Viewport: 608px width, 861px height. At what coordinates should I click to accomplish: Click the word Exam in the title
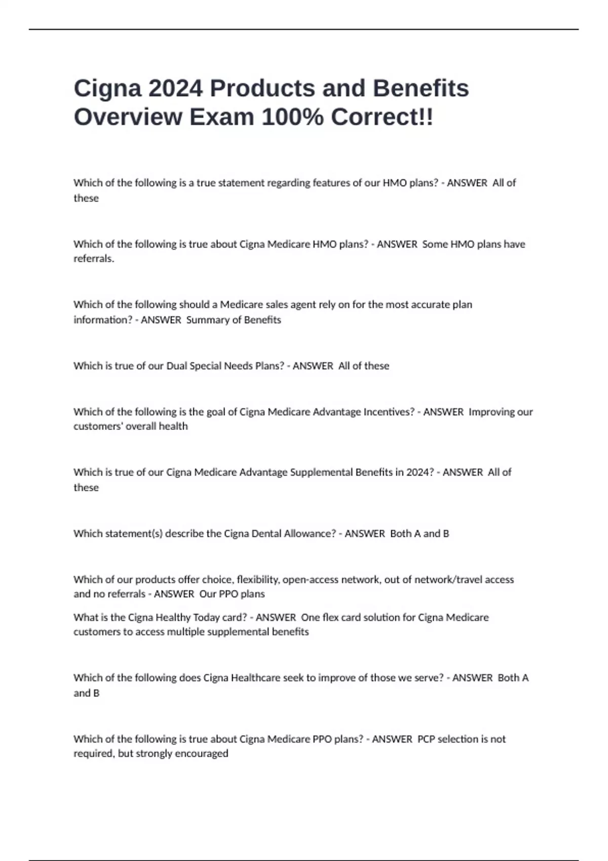point(222,118)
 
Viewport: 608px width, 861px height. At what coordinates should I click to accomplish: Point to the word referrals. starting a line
point(94,259)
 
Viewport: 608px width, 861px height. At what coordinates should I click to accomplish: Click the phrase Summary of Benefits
point(234,320)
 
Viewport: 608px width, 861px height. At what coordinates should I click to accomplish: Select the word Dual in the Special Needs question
point(177,366)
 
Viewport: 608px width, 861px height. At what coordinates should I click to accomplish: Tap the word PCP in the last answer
point(426,739)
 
